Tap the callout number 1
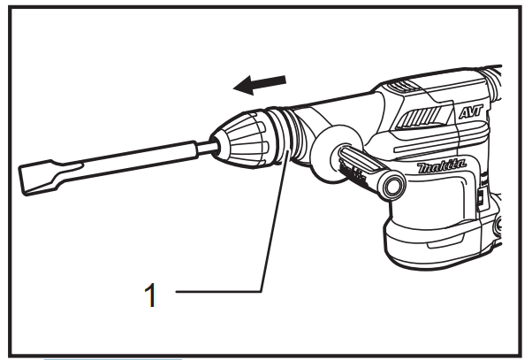tap(151, 294)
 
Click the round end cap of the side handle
tap(392, 184)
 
